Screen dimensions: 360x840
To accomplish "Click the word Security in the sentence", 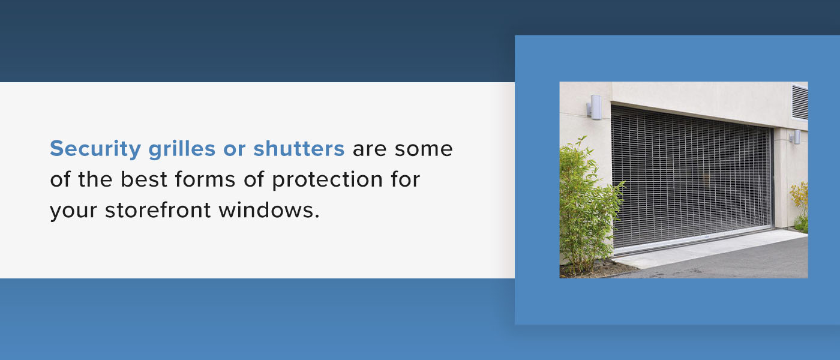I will (x=95, y=149).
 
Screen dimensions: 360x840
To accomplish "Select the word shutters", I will (x=299, y=148).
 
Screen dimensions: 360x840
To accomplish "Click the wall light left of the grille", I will (x=594, y=107).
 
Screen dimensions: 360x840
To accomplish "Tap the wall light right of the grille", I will (x=796, y=137).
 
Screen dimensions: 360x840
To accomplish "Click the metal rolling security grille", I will (x=690, y=174).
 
